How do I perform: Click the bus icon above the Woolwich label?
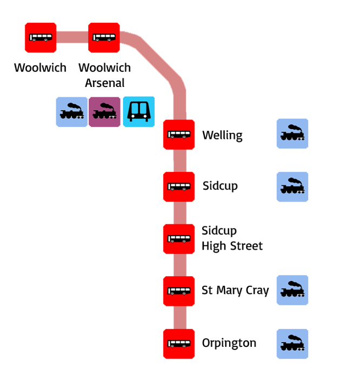pyautogui.click(x=41, y=38)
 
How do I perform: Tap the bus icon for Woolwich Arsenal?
pyautogui.click(x=104, y=38)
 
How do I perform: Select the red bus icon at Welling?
pyautogui.click(x=179, y=135)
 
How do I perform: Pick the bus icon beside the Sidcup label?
pyautogui.click(x=179, y=187)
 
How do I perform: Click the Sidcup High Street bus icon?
pyautogui.click(x=179, y=239)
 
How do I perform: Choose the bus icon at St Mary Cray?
pyautogui.click(x=179, y=291)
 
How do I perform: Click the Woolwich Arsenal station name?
pyautogui.click(x=104, y=75)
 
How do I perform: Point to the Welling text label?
pyautogui.click(x=222, y=135)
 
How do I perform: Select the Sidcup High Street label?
pyautogui.click(x=232, y=239)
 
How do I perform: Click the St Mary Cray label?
pyautogui.click(x=235, y=291)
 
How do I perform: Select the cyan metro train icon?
pyautogui.click(x=139, y=112)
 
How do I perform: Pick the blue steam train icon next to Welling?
pyautogui.click(x=292, y=133)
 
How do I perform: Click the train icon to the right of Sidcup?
pyautogui.click(x=292, y=187)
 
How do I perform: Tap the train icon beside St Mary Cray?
pyautogui.click(x=292, y=290)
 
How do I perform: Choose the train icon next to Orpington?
pyautogui.click(x=292, y=344)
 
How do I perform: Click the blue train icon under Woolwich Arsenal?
pyautogui.click(x=71, y=112)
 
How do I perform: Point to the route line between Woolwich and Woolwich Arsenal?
pyautogui.click(x=72, y=38)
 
